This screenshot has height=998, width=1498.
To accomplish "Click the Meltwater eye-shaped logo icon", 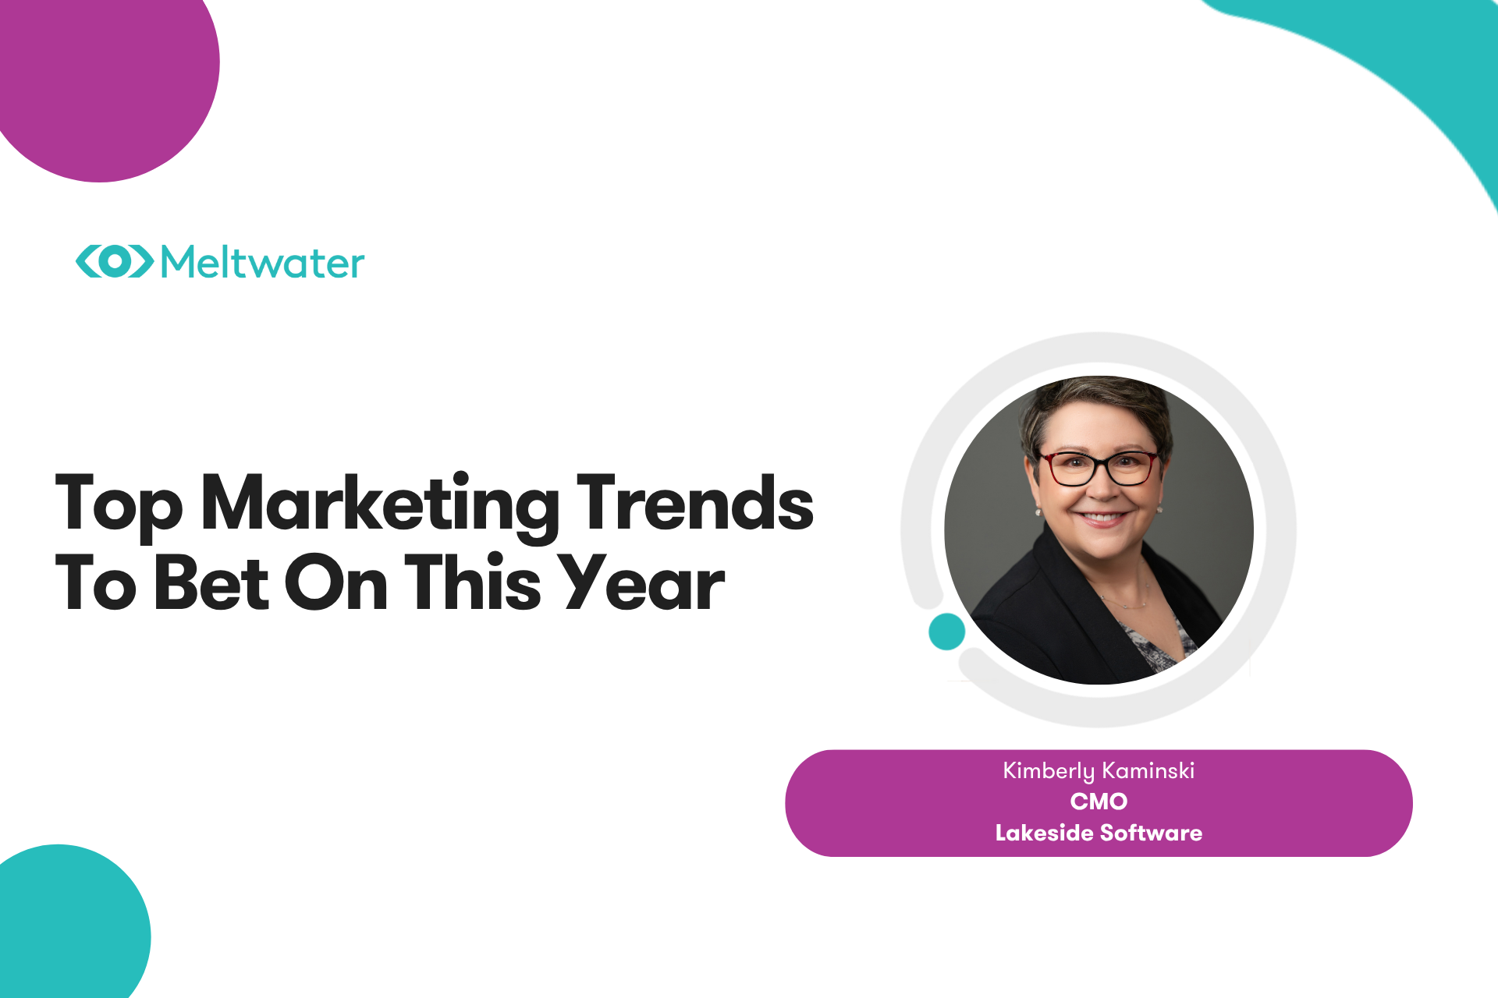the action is tap(115, 261).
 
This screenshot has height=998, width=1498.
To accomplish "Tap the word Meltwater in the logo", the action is tap(262, 262).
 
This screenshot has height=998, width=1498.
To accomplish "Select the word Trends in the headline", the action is tap(694, 503).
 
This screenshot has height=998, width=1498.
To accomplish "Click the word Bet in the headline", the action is tap(211, 582).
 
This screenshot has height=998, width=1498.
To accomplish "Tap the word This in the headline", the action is tap(473, 582).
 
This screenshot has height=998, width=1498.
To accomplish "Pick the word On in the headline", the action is tap(336, 582).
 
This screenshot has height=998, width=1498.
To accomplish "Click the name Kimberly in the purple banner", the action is tap(1049, 772).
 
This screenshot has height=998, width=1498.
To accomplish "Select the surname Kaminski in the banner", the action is tap(1148, 770).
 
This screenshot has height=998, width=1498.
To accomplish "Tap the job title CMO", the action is tap(1099, 802).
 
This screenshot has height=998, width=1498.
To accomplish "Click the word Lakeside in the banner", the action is tap(1044, 833).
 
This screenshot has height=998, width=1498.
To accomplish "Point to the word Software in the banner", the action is tap(1152, 833).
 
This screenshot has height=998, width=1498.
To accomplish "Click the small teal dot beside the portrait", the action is tap(947, 632).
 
